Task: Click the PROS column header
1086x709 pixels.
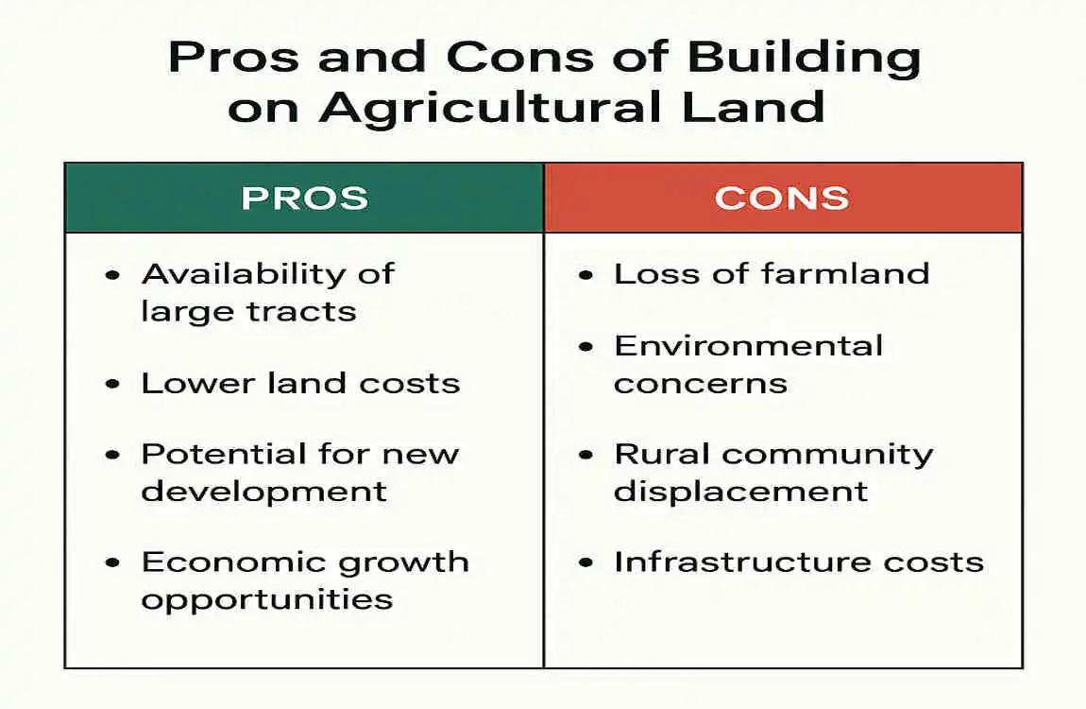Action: [x=304, y=198]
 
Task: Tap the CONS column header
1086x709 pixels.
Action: [x=782, y=198]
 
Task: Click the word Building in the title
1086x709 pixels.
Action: [x=803, y=59]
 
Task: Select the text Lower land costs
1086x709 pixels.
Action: [x=300, y=383]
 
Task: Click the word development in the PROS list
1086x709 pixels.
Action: [x=264, y=492]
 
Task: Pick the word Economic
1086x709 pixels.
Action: [x=219, y=562]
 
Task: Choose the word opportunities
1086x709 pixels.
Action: [x=267, y=599]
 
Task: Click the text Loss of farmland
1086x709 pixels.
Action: [x=772, y=274]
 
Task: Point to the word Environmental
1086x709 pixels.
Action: [x=749, y=346]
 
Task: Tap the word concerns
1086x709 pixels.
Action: [x=700, y=384]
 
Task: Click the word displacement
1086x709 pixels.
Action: [x=741, y=492]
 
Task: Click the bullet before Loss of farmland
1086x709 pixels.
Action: [x=586, y=275]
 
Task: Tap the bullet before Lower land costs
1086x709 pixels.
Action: [x=114, y=384]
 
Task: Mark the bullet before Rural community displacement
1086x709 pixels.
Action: [x=586, y=455]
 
